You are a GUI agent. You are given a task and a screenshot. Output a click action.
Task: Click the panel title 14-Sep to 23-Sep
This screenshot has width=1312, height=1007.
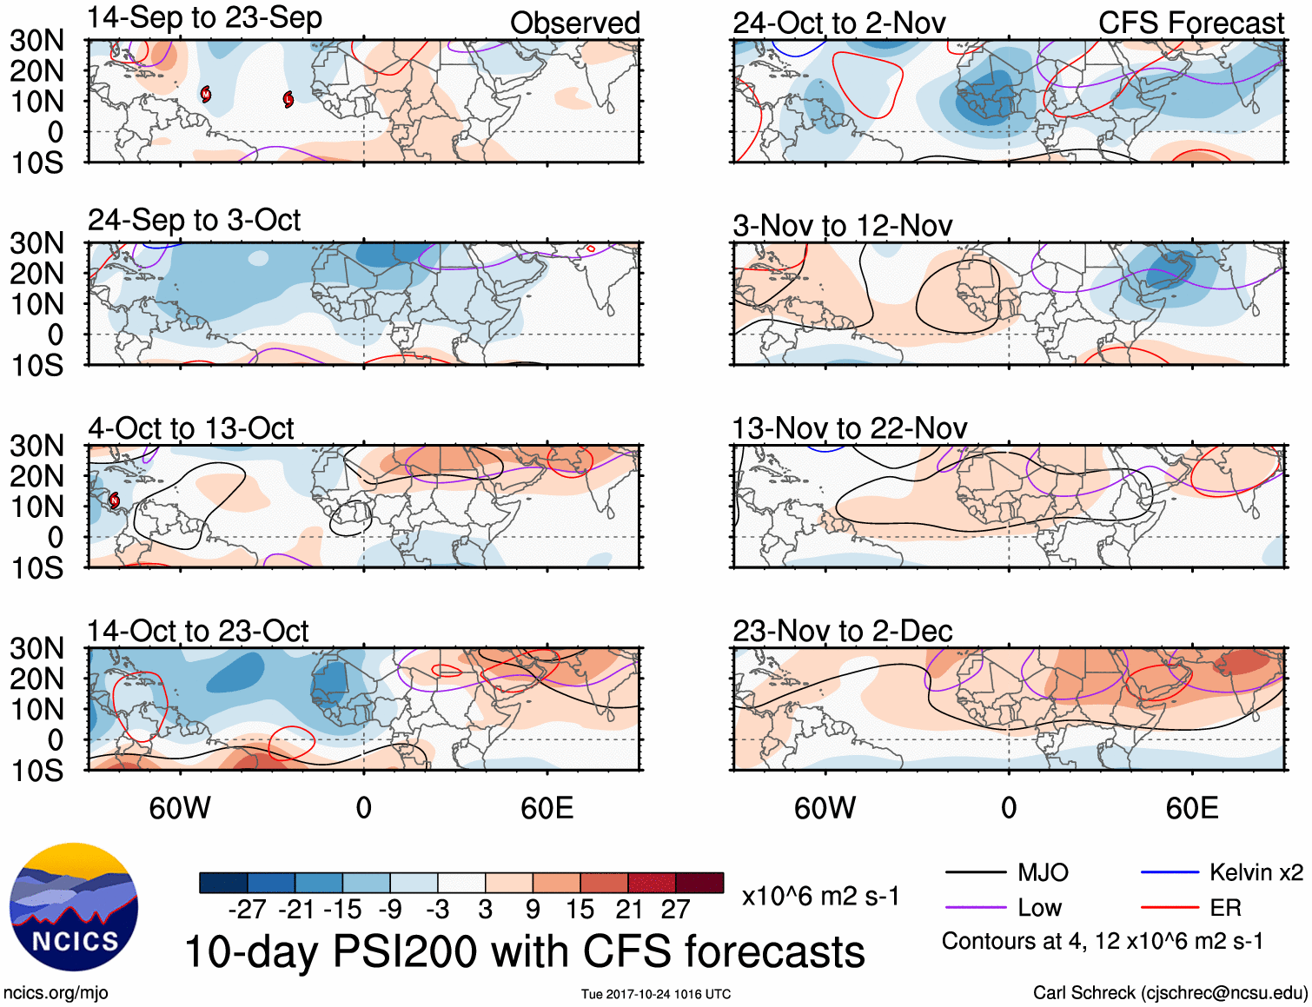click(204, 18)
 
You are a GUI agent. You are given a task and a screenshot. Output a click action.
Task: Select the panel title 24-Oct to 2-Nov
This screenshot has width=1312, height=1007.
click(838, 23)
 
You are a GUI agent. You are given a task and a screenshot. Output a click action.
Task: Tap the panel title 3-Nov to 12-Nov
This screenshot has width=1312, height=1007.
click(842, 226)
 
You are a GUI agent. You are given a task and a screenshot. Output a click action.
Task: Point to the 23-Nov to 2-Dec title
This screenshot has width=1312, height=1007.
click(842, 632)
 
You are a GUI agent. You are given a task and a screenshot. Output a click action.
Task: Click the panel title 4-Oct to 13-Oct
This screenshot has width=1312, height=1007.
click(190, 429)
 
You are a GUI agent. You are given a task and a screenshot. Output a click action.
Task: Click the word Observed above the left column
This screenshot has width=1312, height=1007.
click(574, 23)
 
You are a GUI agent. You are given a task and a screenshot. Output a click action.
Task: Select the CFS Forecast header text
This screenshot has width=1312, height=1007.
click(1190, 23)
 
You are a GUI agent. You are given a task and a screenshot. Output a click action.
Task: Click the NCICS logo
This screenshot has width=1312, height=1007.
click(74, 907)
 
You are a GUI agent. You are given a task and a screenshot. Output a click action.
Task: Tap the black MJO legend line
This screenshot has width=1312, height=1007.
click(975, 872)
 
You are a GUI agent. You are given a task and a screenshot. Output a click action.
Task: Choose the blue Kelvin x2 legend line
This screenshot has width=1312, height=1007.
click(1170, 872)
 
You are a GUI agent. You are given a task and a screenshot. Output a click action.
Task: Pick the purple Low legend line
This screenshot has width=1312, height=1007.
click(975, 908)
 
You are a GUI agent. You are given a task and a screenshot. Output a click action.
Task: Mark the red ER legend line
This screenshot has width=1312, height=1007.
click(1170, 908)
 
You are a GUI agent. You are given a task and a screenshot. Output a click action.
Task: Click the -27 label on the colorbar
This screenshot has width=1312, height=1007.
click(247, 910)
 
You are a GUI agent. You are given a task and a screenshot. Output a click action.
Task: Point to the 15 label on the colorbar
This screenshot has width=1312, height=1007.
click(580, 910)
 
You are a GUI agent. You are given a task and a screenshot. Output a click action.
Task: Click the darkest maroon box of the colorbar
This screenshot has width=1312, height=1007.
click(699, 883)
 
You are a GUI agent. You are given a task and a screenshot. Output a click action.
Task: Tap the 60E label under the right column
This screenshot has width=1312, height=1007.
click(1191, 809)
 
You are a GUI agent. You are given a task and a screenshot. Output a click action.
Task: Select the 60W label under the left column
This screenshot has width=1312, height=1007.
click(180, 809)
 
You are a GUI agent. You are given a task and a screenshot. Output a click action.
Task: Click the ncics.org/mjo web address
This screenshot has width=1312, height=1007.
click(56, 993)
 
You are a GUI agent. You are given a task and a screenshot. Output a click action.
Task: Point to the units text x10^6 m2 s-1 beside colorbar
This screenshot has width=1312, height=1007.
click(820, 897)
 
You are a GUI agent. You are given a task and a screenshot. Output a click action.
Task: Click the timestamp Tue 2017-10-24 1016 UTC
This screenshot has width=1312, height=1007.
click(656, 994)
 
